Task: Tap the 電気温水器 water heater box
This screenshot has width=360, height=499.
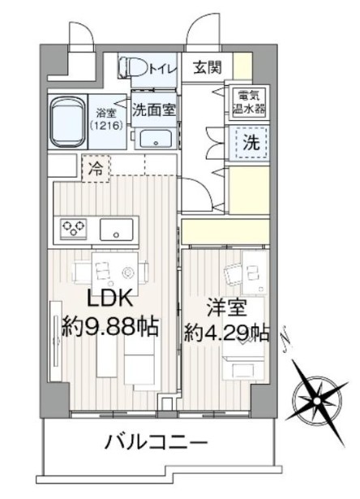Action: point(246,101)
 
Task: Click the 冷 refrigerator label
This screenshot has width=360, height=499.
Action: point(95,170)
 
